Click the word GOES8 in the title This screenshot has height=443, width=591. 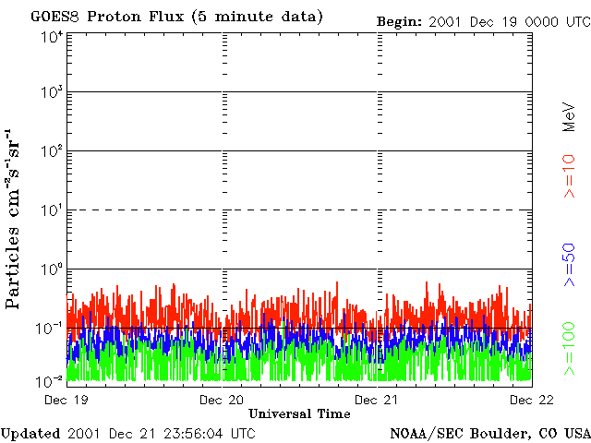55,17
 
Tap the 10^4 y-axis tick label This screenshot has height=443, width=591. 52,39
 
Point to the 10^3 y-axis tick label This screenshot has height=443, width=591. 52,92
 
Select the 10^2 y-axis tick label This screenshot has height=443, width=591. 52,151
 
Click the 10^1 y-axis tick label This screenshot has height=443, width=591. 52,210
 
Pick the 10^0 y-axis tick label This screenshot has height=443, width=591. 52,269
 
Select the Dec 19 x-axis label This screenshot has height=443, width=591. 66,400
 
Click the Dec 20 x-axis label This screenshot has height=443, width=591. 222,400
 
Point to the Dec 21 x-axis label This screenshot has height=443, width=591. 376,400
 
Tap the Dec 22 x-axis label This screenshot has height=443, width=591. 532,400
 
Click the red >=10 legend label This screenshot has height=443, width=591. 569,176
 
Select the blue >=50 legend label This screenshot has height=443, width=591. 569,265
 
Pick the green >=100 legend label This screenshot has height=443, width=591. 569,349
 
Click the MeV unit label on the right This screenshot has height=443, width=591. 569,117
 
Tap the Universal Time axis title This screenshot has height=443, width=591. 299,414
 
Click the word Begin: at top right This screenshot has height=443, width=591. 400,22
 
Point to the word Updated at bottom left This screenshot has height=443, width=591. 30,434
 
